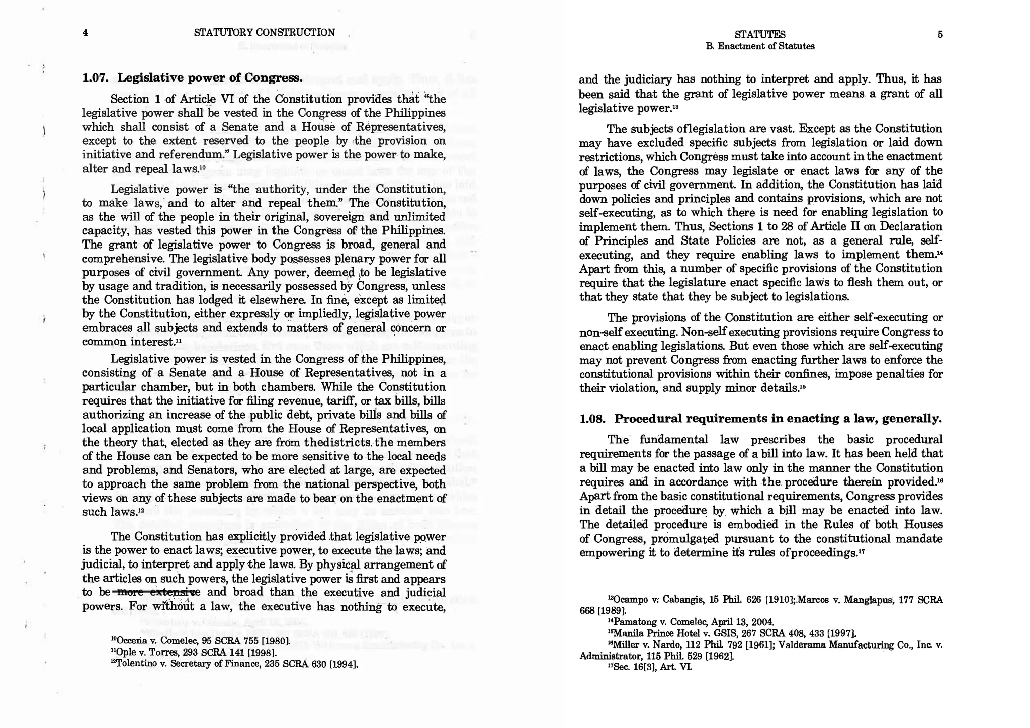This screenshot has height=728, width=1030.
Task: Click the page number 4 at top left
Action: (85, 33)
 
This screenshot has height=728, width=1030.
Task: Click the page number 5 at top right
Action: (940, 35)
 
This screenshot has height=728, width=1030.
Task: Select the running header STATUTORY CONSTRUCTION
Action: (264, 33)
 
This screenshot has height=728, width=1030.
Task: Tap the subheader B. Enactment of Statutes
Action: (760, 46)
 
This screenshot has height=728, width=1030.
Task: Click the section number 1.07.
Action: (96, 78)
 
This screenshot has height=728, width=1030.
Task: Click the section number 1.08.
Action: (593, 419)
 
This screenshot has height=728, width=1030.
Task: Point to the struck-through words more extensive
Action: (158, 592)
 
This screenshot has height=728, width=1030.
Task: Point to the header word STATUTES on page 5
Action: (760, 35)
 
